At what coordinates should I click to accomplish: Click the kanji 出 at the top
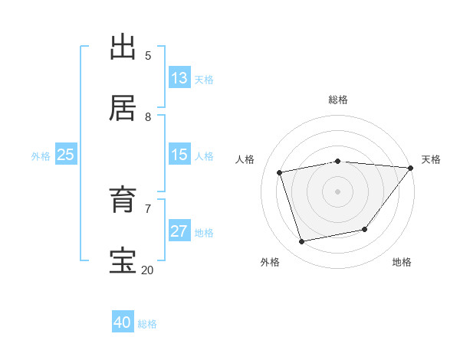tap(123, 47)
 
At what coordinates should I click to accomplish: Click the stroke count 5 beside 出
tap(148, 56)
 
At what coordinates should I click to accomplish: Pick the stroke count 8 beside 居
tap(148, 117)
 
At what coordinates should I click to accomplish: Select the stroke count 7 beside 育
tap(148, 208)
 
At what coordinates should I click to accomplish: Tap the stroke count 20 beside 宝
tap(147, 270)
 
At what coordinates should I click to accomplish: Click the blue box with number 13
tap(179, 78)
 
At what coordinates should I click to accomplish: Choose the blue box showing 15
tap(179, 155)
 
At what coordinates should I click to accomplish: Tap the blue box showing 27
tap(179, 231)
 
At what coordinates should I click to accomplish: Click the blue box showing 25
tap(65, 155)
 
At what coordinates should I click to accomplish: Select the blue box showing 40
tap(123, 322)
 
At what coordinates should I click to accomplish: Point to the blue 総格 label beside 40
tap(147, 324)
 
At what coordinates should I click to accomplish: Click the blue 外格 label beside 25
tap(41, 156)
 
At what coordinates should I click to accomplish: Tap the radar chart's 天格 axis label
tap(431, 159)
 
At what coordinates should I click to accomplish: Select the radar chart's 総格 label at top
tap(338, 100)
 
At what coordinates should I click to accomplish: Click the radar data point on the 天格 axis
tap(411, 168)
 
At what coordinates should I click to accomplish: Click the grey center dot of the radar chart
tap(338, 191)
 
